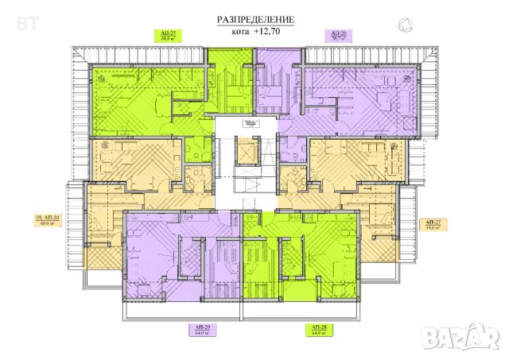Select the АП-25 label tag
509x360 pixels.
169,35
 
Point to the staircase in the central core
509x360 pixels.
253,186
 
